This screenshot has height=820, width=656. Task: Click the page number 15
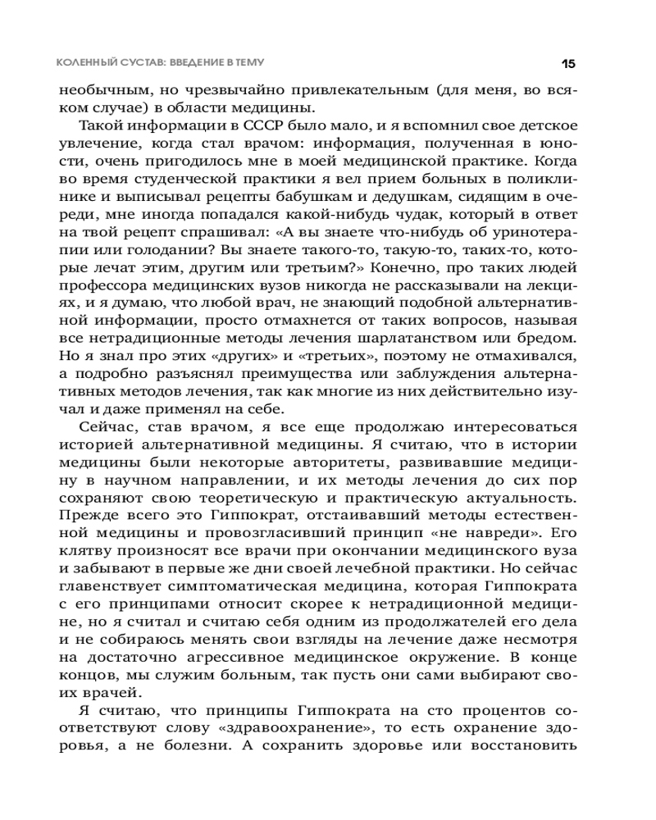coord(568,63)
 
